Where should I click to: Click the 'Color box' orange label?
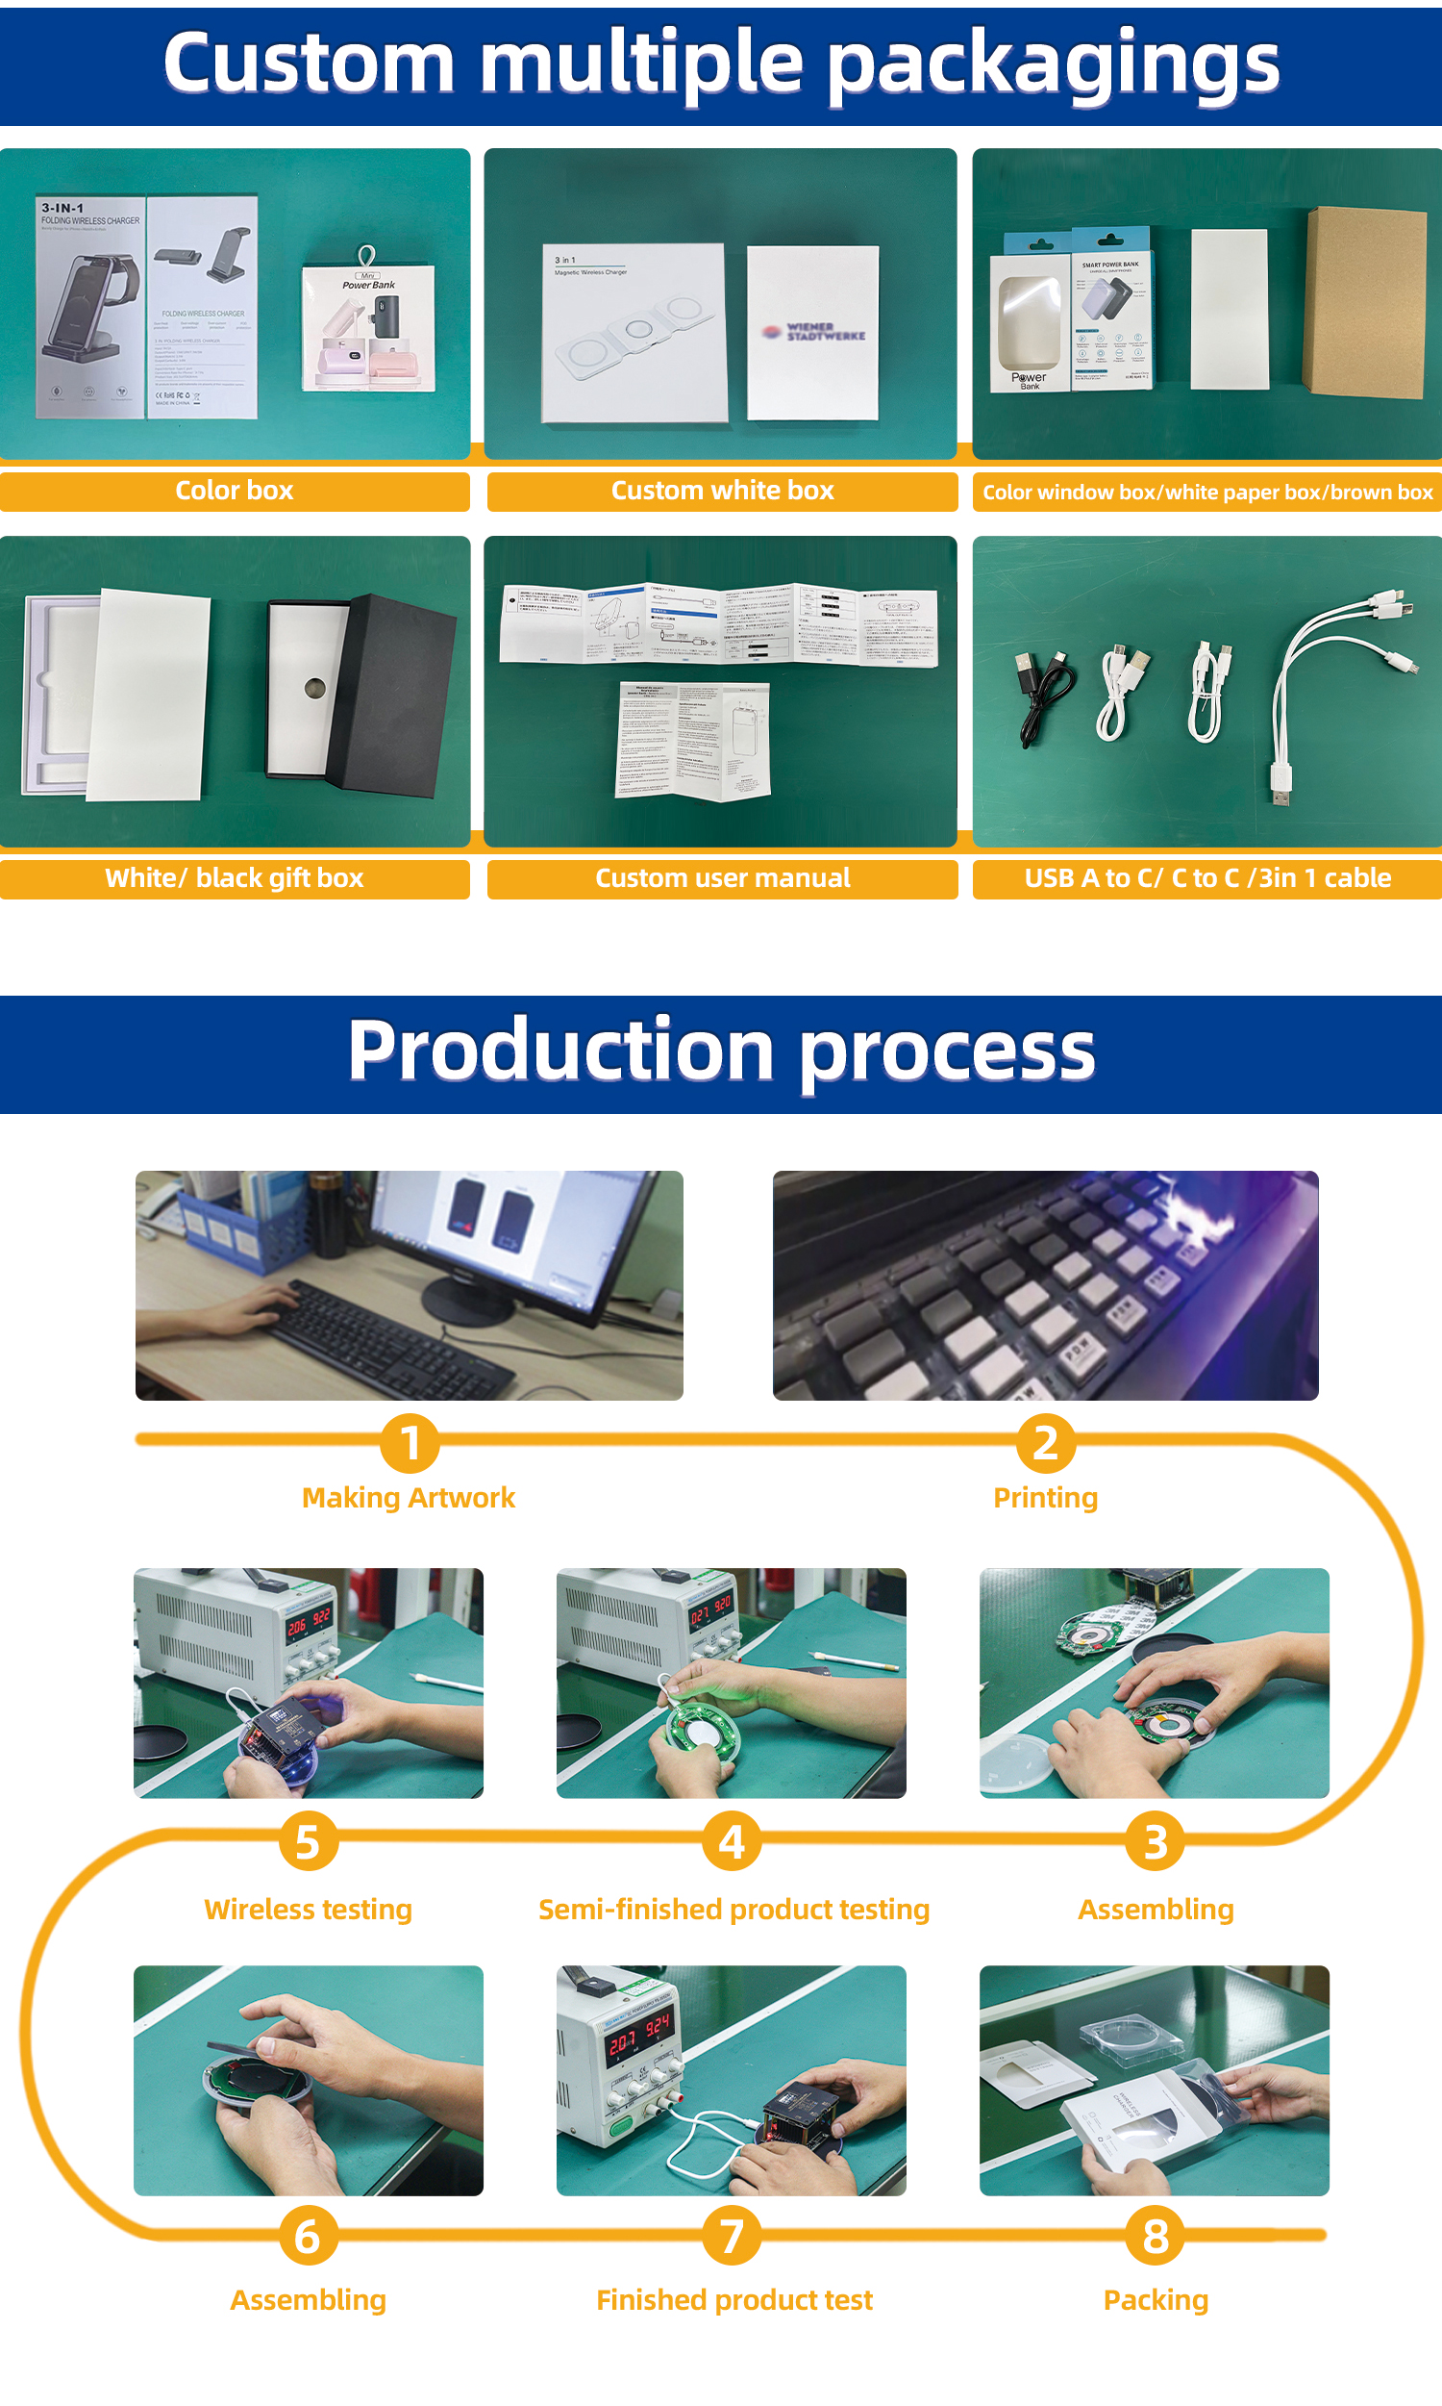tap(235, 490)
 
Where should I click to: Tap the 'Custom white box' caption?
tap(722, 490)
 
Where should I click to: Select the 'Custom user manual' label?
tap(722, 877)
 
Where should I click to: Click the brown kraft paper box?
tap(1365, 301)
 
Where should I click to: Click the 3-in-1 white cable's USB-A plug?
tap(1280, 782)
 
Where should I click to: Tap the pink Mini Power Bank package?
tap(367, 331)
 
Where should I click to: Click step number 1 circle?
tap(410, 1442)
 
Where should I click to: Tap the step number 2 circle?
tap(1046, 1442)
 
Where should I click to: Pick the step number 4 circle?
tap(732, 1840)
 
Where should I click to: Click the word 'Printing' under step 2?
tap(1046, 1497)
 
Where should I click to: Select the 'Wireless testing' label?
tap(308, 1910)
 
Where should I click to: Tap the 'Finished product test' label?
tap(733, 2300)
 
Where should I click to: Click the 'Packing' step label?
tap(1156, 2300)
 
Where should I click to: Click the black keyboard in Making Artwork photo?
tap(388, 1336)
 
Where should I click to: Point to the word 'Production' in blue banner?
tap(560, 1051)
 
